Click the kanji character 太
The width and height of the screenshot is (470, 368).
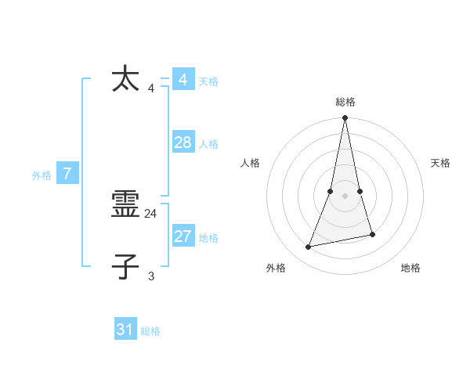click(x=126, y=80)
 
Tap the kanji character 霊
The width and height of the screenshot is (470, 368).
click(x=126, y=205)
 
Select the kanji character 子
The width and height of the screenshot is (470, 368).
click(x=126, y=266)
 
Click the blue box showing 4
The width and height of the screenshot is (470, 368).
click(x=183, y=80)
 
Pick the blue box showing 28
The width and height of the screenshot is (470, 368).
click(x=183, y=143)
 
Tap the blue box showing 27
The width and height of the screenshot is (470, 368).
click(x=183, y=236)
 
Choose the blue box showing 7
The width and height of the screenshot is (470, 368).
click(x=67, y=174)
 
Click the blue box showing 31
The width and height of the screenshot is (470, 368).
click(x=125, y=330)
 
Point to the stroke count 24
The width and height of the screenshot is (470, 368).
click(x=151, y=213)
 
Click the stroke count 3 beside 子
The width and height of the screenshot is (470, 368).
click(x=151, y=276)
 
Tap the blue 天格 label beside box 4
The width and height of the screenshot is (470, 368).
click(x=208, y=81)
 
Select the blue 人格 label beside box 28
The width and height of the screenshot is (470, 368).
click(x=208, y=144)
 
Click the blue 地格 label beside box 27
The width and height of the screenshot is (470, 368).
click(x=208, y=238)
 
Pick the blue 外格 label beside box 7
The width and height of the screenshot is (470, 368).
click(x=42, y=175)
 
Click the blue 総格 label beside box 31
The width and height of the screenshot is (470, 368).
click(x=150, y=331)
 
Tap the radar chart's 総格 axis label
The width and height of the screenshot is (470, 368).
click(x=345, y=102)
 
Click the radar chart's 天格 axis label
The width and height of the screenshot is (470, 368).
click(x=440, y=163)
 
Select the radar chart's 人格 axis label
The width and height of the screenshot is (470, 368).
click(x=251, y=163)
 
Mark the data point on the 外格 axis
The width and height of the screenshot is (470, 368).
click(x=309, y=247)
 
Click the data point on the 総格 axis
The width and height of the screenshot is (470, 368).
click(x=345, y=118)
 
